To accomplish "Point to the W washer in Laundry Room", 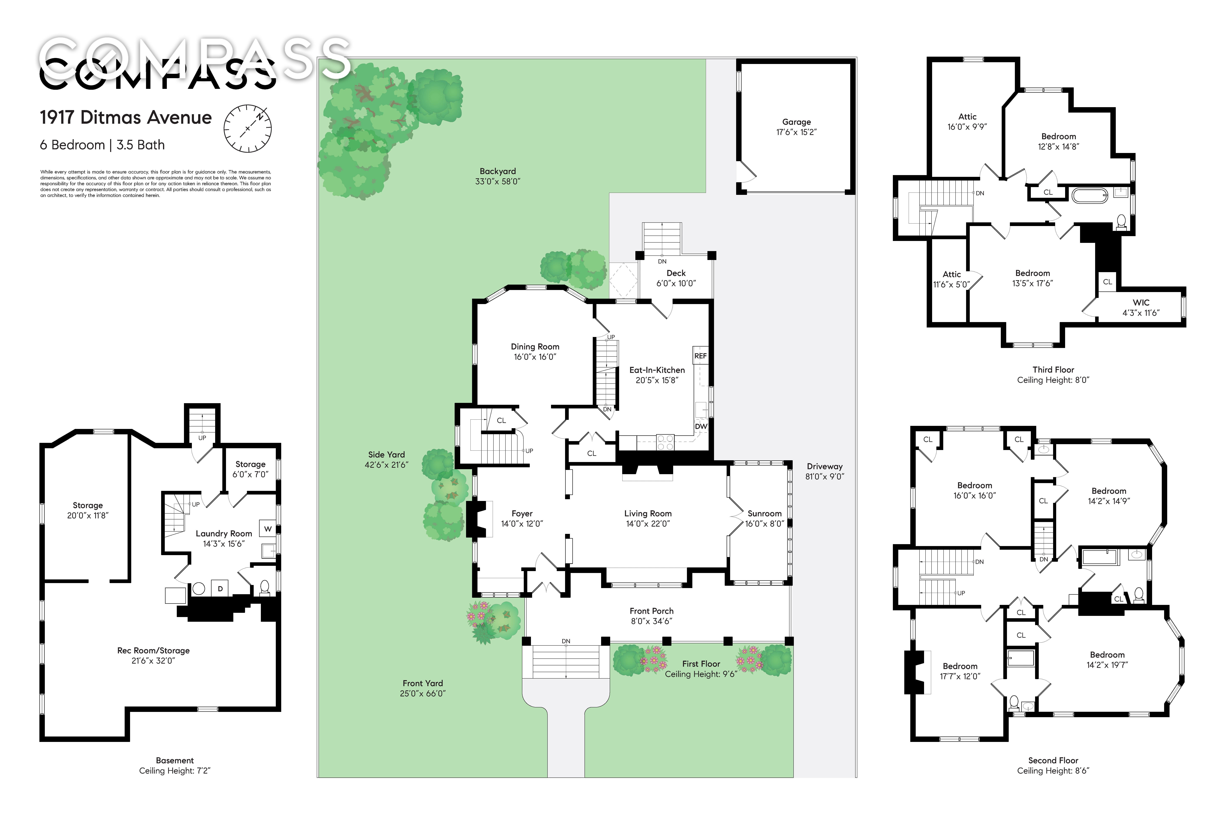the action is click(x=268, y=528).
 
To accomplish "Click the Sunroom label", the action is click(x=764, y=513).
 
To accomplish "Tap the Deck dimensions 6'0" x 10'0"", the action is click(x=676, y=283).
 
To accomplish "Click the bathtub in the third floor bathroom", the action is click(x=1089, y=196).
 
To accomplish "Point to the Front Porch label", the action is click(x=651, y=611).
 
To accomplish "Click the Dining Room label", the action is click(x=535, y=347).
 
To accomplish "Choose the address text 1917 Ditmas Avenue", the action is click(x=126, y=117).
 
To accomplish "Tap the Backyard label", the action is click(x=498, y=171).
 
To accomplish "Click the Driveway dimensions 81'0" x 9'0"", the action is click(x=824, y=476).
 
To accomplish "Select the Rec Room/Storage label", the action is click(x=153, y=651).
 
